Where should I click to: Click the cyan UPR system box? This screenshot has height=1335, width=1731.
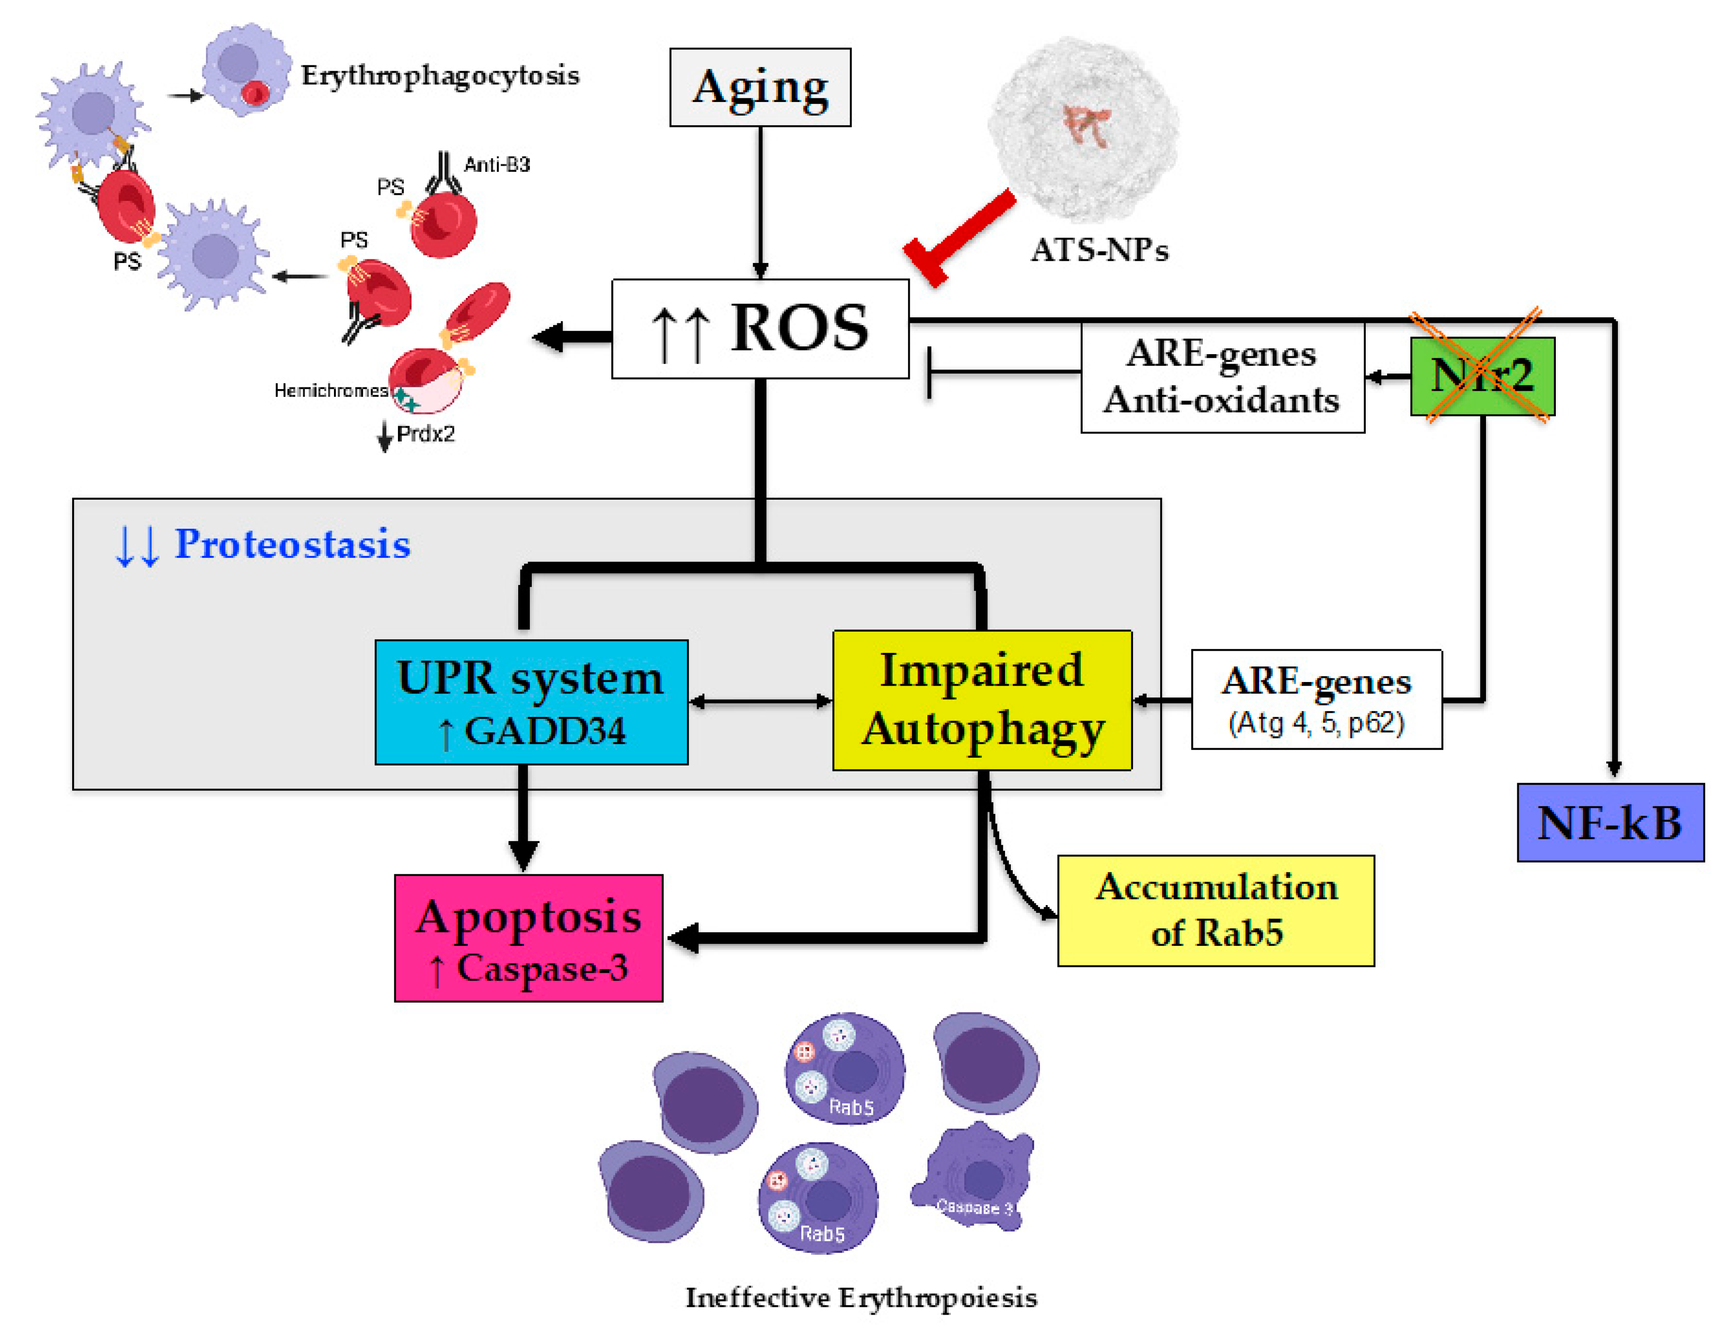coord(531,702)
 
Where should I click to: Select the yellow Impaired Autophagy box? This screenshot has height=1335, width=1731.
coord(981,700)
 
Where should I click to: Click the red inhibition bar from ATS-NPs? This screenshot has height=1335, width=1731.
coord(959,238)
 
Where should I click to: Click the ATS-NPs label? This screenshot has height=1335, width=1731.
coord(1099,250)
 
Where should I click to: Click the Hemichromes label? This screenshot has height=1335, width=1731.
coord(330,390)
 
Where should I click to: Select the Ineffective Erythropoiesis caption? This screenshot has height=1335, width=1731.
coord(861,1298)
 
